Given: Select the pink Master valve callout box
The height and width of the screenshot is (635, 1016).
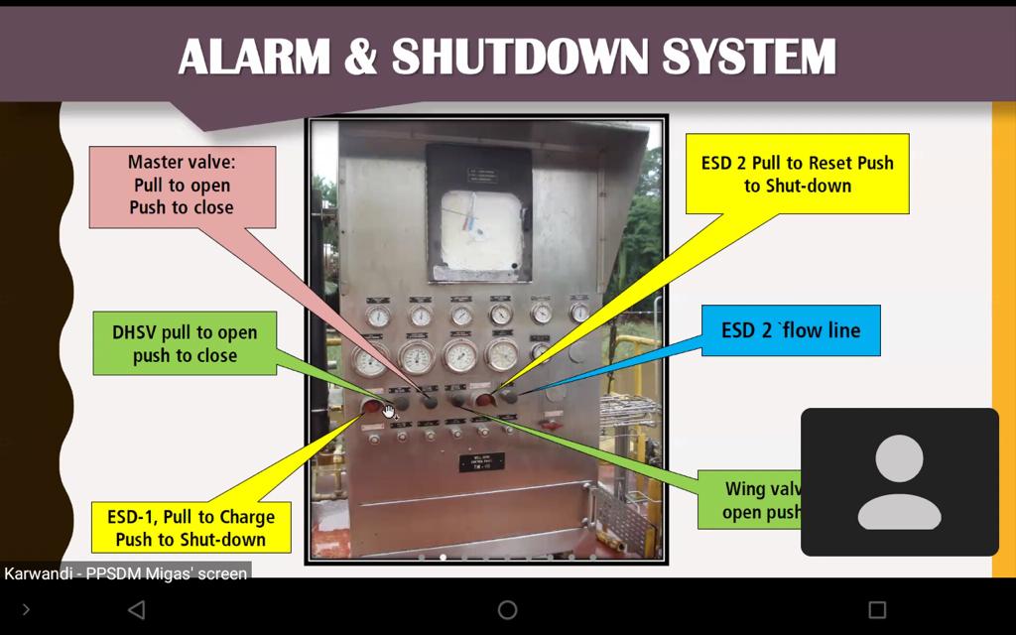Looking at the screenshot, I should (x=182, y=186).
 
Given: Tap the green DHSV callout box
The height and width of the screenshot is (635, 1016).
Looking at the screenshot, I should (x=185, y=343).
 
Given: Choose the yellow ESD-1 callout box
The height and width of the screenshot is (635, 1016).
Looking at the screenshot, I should (x=190, y=528).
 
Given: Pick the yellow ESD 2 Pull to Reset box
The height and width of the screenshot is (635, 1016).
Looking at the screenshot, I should (x=797, y=174).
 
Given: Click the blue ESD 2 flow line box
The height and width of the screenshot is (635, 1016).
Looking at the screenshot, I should (x=791, y=330).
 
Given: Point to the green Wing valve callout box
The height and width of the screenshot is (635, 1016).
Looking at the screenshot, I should (x=759, y=500).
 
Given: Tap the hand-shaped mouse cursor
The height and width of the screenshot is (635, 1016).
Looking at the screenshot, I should (x=388, y=410).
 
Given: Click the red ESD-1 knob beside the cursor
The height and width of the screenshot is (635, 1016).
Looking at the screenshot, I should (x=371, y=406).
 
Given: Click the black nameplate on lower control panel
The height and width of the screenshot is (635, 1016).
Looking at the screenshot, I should (x=481, y=462).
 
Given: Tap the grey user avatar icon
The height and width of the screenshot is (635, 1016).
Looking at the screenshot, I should (x=899, y=482).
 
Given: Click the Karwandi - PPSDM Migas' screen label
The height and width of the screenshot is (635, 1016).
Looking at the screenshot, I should (x=125, y=572).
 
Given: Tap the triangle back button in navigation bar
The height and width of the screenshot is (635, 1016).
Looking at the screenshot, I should (x=137, y=609).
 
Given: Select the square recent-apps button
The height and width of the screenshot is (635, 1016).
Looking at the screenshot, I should (x=877, y=609).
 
